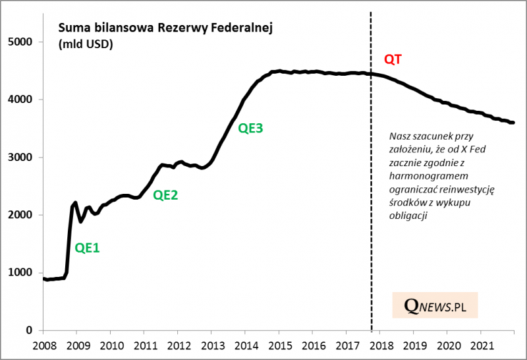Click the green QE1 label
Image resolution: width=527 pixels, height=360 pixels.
pyautogui.click(x=87, y=249)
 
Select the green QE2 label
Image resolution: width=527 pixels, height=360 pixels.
pyautogui.click(x=165, y=195)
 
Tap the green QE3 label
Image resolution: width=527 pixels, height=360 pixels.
pyautogui.click(x=250, y=129)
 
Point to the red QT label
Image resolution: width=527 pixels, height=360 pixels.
pyautogui.click(x=393, y=59)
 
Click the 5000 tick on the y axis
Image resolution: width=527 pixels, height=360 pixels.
pyautogui.click(x=20, y=42)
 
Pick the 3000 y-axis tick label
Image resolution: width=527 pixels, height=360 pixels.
pyautogui.click(x=20, y=157)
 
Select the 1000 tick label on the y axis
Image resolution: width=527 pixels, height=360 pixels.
pyautogui.click(x=20, y=272)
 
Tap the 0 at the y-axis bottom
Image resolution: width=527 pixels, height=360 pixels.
pyautogui.click(x=28, y=330)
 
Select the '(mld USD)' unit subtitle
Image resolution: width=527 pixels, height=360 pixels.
pyautogui.click(x=85, y=45)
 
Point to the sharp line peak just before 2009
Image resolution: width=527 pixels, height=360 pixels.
pyautogui.click(x=76, y=202)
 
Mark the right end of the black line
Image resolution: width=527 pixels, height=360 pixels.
pyautogui.click(x=514, y=123)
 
